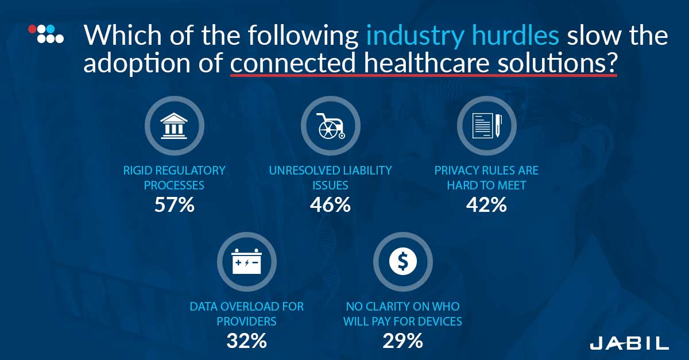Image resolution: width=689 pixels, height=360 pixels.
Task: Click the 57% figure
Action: (x=175, y=205)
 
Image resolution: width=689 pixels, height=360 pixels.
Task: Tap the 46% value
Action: (x=330, y=205)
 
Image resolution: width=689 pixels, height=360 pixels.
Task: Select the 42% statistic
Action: (x=486, y=205)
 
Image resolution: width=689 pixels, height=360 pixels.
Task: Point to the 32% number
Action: (x=247, y=341)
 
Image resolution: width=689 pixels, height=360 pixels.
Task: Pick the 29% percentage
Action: (x=402, y=341)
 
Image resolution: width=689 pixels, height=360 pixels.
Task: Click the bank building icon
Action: (x=174, y=126)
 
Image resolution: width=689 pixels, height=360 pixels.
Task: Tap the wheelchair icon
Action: (x=331, y=126)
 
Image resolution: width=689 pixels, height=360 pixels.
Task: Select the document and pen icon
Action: (x=487, y=126)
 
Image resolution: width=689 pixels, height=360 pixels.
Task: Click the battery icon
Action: (x=247, y=261)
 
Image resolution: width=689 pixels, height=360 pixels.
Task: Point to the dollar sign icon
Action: (x=403, y=262)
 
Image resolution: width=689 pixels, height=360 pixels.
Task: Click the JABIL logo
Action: (x=629, y=343)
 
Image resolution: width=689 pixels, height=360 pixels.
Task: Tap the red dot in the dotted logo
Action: (x=32, y=29)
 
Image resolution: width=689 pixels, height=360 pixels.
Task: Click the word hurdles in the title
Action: (x=515, y=36)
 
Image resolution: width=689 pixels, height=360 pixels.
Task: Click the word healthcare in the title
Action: (x=426, y=63)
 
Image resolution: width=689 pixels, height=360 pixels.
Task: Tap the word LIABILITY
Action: (x=367, y=171)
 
